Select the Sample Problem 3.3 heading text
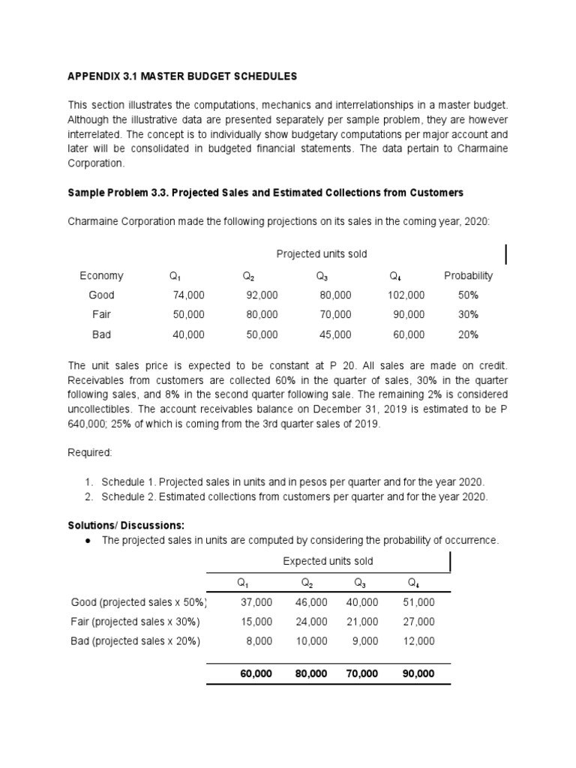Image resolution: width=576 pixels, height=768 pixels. tap(265, 193)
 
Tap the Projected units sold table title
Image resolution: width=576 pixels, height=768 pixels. tap(322, 253)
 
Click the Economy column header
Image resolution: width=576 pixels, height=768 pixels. tap(101, 276)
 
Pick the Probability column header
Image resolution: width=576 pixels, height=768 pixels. tap(468, 276)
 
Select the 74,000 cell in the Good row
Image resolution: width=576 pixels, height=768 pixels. tap(188, 295)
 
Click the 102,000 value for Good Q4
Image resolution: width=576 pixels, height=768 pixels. tap(406, 295)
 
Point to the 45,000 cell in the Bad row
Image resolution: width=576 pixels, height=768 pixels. tap(334, 334)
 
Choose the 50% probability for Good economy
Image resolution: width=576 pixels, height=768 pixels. tap(468, 295)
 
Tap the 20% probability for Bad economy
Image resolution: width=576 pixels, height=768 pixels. tap(468, 334)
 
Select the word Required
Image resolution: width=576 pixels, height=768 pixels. tap(90, 453)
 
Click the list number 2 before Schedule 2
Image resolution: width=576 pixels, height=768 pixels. tap(88, 497)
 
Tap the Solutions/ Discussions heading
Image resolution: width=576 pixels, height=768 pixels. tap(126, 526)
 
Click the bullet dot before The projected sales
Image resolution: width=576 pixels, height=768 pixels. tap(88, 541)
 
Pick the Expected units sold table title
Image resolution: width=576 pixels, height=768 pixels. tap(328, 561)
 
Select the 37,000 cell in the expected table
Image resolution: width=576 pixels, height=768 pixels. tap(256, 602)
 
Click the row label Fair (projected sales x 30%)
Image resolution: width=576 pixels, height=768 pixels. tap(136, 622)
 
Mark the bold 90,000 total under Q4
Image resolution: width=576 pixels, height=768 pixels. tap(418, 674)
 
